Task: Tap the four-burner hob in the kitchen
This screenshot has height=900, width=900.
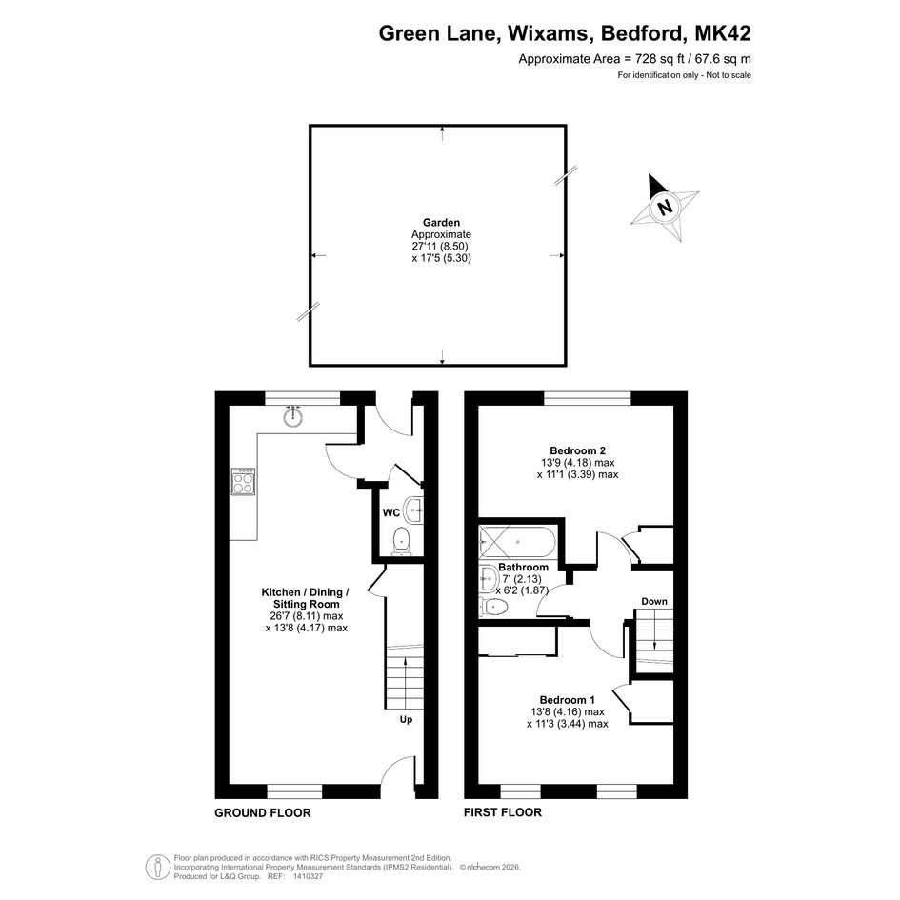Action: coord(243,481)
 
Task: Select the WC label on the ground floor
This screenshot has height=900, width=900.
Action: coord(390,512)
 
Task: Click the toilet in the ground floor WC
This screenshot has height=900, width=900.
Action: coord(401,542)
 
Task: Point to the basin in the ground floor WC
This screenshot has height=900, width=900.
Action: coord(413,510)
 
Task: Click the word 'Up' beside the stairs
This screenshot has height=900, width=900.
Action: coord(406,719)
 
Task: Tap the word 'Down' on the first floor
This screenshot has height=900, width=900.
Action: coord(654,601)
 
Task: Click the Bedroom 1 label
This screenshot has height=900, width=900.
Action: coord(567,700)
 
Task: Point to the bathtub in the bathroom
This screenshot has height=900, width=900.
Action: coord(517,542)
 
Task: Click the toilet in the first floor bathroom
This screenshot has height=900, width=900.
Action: coord(493,607)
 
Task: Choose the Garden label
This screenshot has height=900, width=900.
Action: coord(441,222)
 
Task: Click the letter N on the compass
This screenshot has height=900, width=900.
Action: coord(666,207)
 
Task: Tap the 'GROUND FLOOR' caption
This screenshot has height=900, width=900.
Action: coord(263,812)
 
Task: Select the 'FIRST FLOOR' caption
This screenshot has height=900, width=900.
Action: coord(503,812)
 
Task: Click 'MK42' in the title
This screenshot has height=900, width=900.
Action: coord(723,33)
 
